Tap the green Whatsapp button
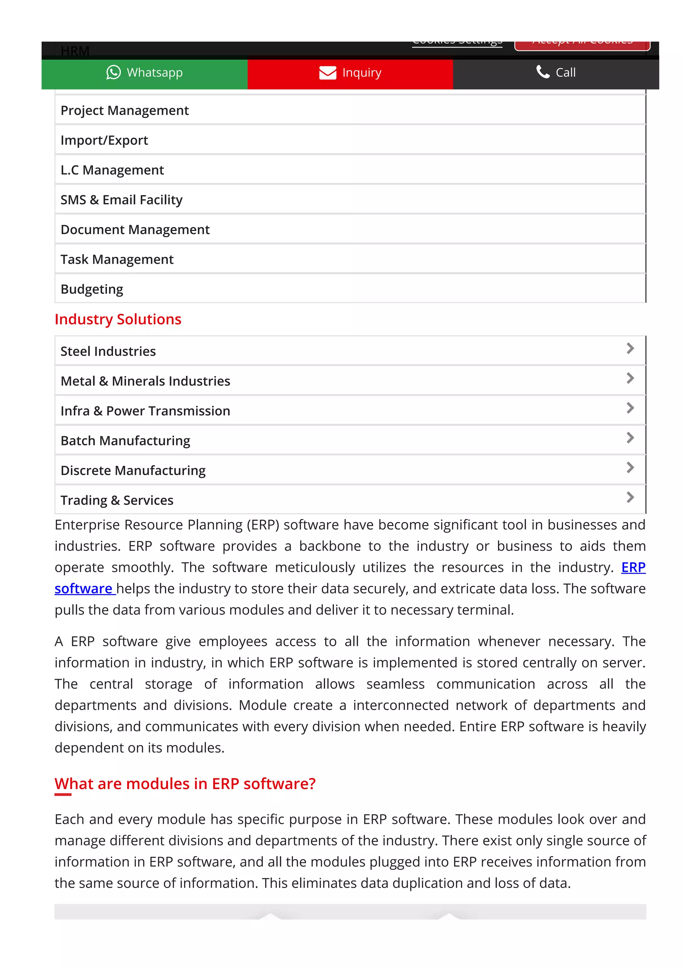[144, 73]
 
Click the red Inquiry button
[350, 73]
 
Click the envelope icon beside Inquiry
[327, 73]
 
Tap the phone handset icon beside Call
[543, 72]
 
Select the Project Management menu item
[124, 111]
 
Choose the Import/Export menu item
[104, 140]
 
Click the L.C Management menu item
[112, 170]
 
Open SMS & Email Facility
[121, 200]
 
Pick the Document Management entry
[135, 230]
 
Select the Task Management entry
[117, 259]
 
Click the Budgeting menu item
[92, 290]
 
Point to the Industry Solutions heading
[118, 319]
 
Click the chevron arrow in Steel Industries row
[630, 349]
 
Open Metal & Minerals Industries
[145, 381]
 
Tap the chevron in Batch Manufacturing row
[630, 438]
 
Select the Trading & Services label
[117, 501]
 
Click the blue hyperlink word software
[84, 589]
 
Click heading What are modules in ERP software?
[185, 784]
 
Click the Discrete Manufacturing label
[133, 470]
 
